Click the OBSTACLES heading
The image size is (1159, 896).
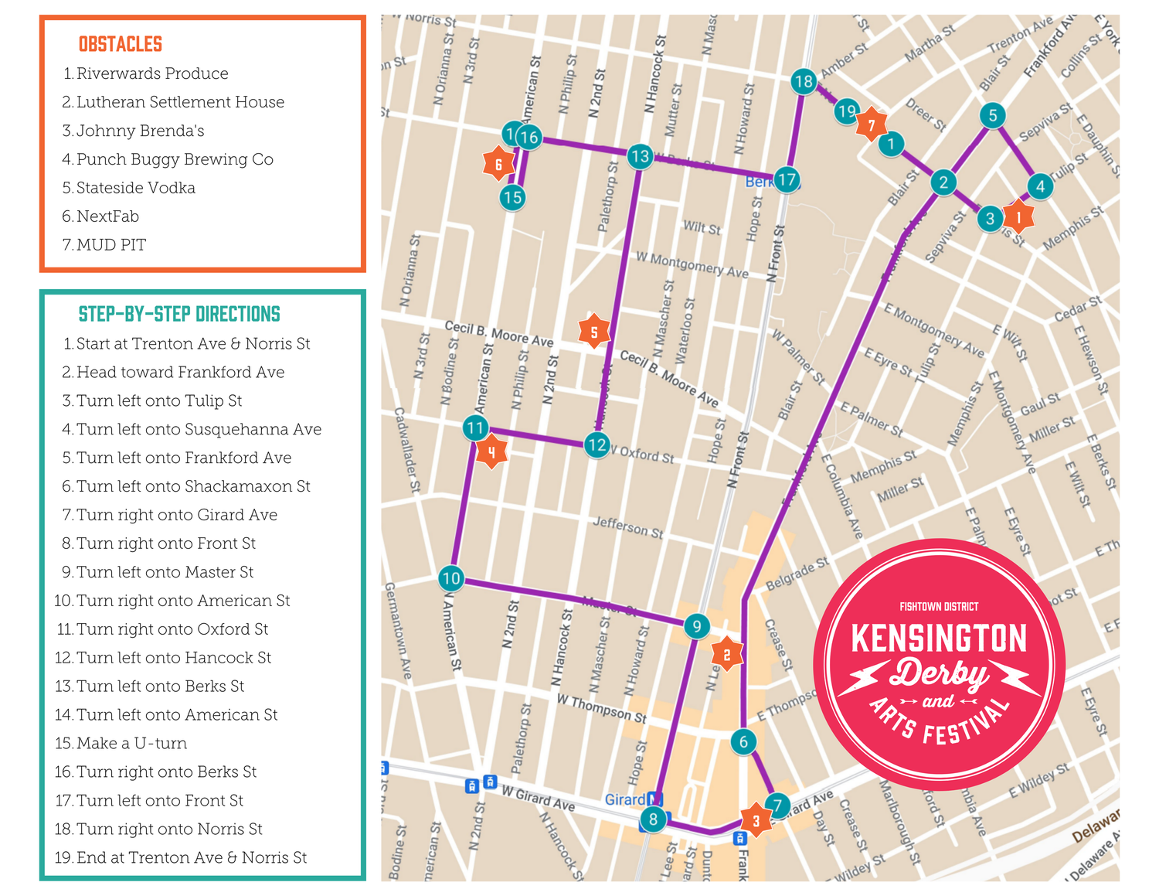pos(121,44)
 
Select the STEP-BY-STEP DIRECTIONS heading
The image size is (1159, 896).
pos(179,314)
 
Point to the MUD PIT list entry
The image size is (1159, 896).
pos(110,245)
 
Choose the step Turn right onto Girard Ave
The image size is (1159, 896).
pos(176,515)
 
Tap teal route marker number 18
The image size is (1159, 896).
pos(804,81)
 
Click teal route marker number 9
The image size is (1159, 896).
pos(696,626)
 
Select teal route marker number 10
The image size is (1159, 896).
pos(451,577)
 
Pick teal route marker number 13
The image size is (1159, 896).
pos(640,157)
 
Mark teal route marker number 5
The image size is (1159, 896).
pos(993,115)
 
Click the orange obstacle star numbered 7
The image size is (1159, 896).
pos(872,124)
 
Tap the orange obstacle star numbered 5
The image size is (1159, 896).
pos(594,332)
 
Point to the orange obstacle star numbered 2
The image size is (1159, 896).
pos(726,655)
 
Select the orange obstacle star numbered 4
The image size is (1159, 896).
pos(491,453)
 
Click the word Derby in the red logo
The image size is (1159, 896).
pos(938,673)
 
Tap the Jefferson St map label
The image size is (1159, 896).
pos(627,528)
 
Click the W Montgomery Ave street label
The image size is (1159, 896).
pos(692,264)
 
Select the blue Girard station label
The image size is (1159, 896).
pos(625,799)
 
